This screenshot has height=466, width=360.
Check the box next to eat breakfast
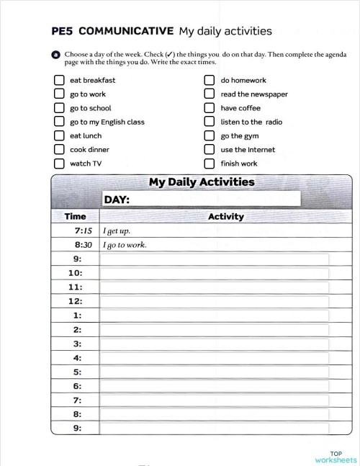point(59,81)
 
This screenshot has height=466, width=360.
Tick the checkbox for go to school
point(59,108)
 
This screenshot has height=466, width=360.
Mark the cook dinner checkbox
point(59,150)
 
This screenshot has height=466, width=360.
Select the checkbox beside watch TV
point(59,163)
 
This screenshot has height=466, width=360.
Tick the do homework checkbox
point(209,81)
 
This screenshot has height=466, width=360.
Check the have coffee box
point(209,108)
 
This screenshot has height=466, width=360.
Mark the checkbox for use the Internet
point(209,150)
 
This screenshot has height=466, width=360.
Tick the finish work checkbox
point(209,163)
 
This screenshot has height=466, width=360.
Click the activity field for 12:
point(214,302)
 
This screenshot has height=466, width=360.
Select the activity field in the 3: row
point(214,344)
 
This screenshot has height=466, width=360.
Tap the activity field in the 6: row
point(214,387)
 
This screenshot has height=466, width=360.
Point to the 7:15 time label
point(84,231)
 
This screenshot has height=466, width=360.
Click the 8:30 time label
point(84,245)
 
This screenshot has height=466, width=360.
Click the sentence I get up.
point(117,231)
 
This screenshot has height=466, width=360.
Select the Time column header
point(75,216)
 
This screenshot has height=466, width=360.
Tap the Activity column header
point(225,216)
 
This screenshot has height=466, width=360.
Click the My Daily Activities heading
point(202,182)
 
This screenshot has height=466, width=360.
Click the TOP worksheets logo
point(336,457)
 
